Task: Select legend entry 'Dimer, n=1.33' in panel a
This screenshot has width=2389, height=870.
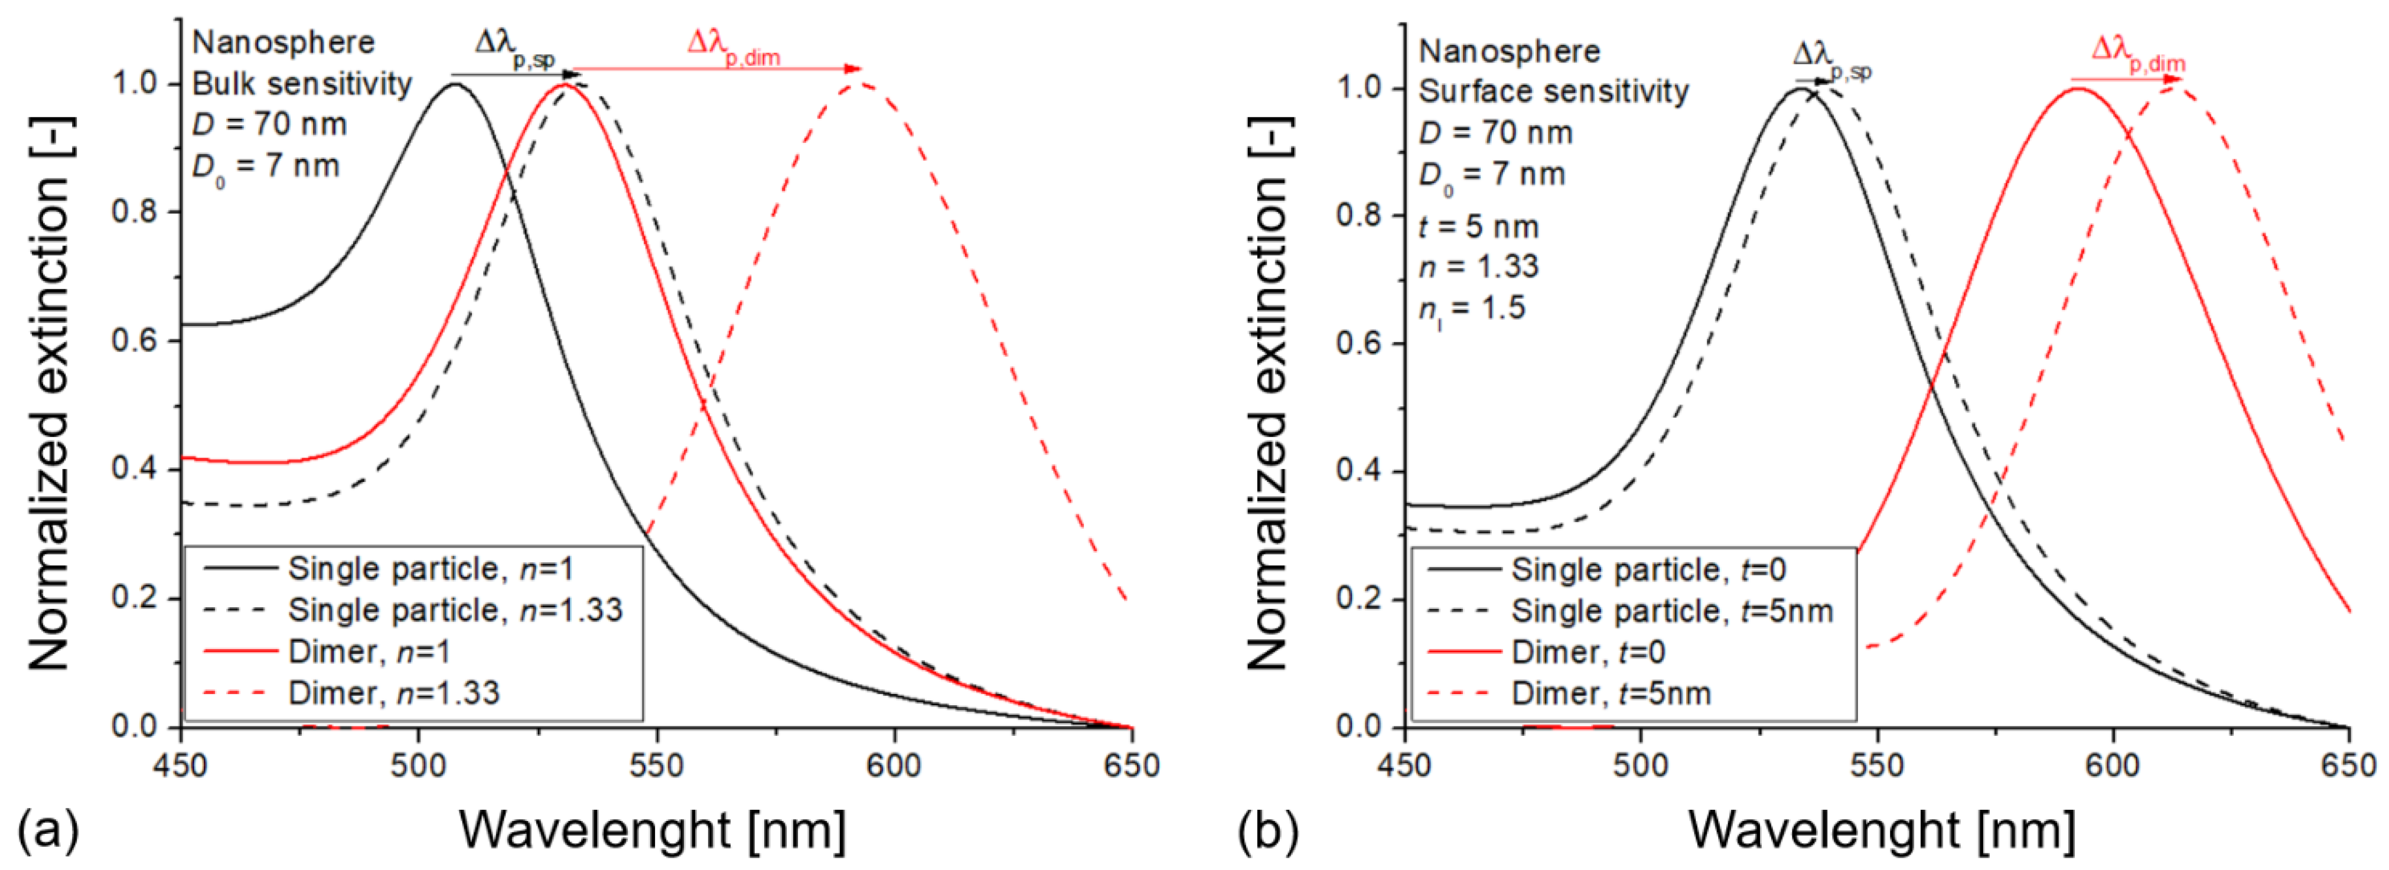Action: pos(393,693)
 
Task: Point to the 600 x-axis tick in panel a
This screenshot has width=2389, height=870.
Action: pos(894,766)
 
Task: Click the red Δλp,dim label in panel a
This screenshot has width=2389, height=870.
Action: pos(733,47)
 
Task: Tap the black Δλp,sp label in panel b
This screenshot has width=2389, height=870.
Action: pos(1831,60)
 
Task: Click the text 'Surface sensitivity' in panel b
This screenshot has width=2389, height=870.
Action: pos(1553,91)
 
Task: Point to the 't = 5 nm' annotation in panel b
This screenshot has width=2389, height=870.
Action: pos(1478,226)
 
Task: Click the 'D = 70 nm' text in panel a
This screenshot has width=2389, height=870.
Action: pos(269,123)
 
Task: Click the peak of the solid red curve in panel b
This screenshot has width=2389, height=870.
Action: pos(2077,89)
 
